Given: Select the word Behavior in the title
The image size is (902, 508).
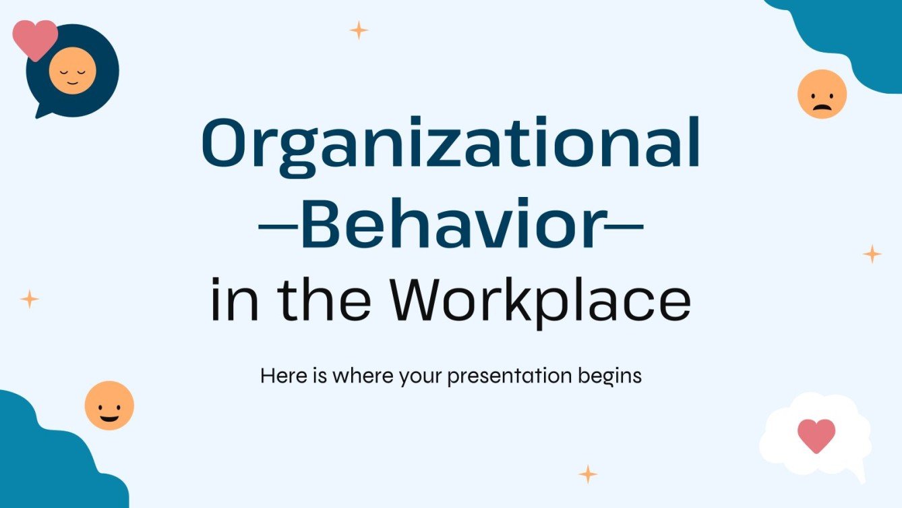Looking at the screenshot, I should tap(450, 223).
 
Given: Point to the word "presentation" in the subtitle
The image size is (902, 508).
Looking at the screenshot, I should tap(513, 376).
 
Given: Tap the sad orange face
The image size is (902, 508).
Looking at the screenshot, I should tap(821, 94).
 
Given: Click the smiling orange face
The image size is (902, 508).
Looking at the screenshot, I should tap(109, 405).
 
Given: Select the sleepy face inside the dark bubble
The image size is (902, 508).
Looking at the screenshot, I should tap(72, 71).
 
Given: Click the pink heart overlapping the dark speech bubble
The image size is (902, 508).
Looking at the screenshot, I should tap(35, 37).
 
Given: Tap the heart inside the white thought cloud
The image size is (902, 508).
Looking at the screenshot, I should tap(816, 435).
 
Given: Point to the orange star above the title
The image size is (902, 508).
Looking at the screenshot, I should tap(359, 30).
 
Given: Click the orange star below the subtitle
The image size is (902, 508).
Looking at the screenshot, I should tap(588, 474).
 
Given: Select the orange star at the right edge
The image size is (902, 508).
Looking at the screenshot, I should tap(872, 254).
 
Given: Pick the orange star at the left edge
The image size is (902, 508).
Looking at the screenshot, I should tap(30, 299).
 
